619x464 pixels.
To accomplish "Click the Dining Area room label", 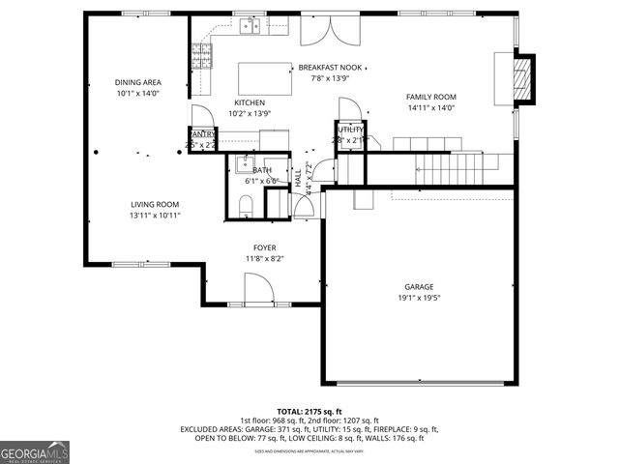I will tap(137, 83).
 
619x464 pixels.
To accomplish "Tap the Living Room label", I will tap(155, 204).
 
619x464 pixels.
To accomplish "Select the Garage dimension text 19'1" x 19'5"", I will tap(419, 299).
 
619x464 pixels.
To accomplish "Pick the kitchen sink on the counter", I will tap(251, 26).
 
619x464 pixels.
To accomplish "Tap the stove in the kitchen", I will tap(202, 58).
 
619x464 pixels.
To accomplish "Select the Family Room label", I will tap(430, 97).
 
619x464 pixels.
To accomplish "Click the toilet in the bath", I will tap(246, 204).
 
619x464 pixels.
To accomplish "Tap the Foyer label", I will tap(264, 247).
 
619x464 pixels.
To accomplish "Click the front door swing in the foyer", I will tap(256, 287).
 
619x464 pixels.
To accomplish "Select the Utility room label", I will tap(350, 129).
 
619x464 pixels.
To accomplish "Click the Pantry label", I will tap(202, 134).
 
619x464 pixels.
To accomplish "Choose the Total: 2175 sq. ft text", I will tap(310, 411).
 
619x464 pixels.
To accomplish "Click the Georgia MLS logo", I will tap(35, 451).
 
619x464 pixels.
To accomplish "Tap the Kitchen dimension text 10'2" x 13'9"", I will tap(250, 114).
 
